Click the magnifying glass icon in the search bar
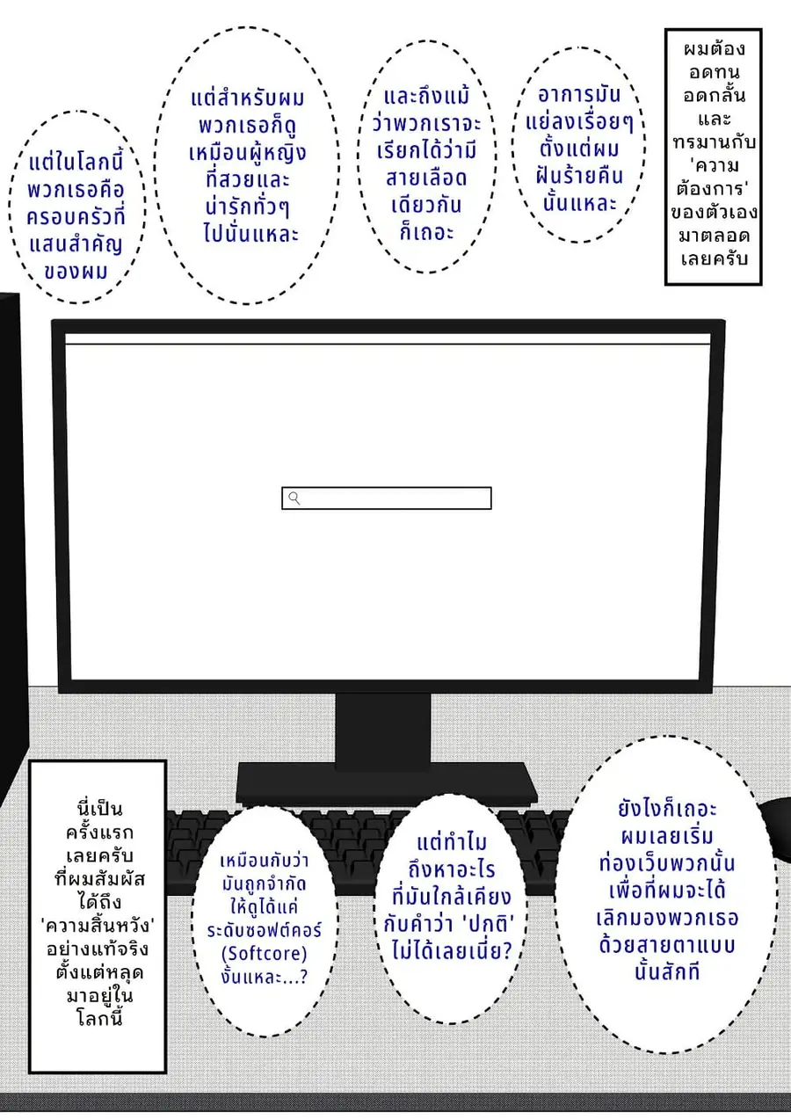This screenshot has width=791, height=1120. [294, 498]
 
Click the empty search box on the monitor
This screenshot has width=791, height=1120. [387, 498]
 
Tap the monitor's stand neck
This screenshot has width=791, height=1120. [383, 731]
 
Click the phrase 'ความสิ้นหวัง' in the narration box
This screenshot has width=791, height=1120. [98, 926]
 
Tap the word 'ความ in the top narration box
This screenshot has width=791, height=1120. [713, 165]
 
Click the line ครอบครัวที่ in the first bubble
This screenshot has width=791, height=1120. [76, 217]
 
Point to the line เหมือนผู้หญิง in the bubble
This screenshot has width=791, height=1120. [248, 152]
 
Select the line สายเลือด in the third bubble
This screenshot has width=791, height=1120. [426, 178]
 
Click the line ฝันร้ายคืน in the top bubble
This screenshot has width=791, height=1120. [579, 176]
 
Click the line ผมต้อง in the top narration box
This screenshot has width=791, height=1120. [714, 49]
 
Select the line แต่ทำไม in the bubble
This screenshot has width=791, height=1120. [452, 842]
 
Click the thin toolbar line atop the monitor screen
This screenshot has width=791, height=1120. [388, 344]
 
